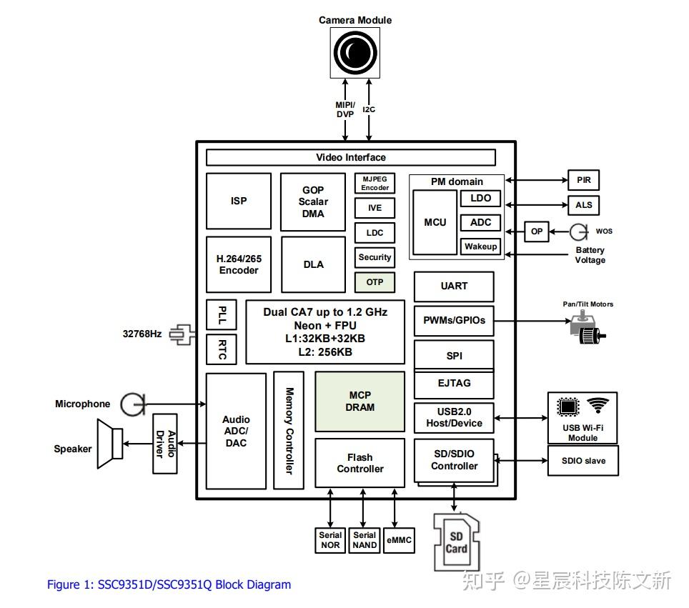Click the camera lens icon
click(355, 52)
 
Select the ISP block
click(239, 201)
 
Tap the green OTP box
click(375, 282)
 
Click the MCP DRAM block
click(360, 401)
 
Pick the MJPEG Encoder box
click(375, 184)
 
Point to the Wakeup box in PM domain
click(480, 246)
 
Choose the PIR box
click(583, 180)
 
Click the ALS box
click(583, 205)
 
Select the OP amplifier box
click(537, 231)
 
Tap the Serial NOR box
click(330, 540)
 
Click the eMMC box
click(399, 540)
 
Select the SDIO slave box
click(583, 461)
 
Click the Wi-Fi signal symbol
click(598, 406)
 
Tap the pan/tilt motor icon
click(588, 327)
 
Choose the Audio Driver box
click(165, 443)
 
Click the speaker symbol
click(110, 444)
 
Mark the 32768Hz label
click(142, 334)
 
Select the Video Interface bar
click(350, 157)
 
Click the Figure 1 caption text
click(169, 584)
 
